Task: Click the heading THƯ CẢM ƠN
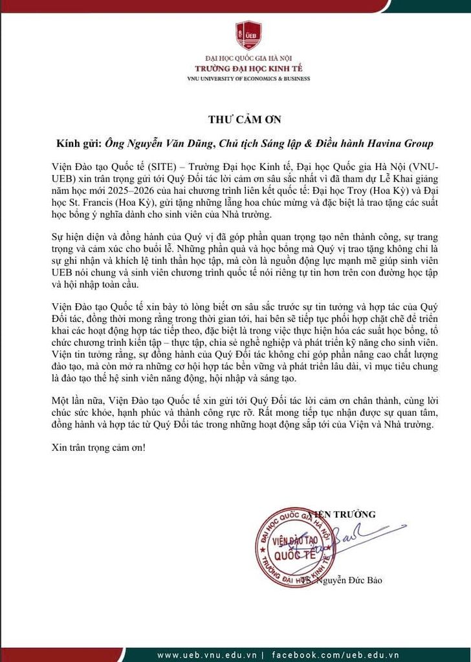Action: click(x=235, y=120)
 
